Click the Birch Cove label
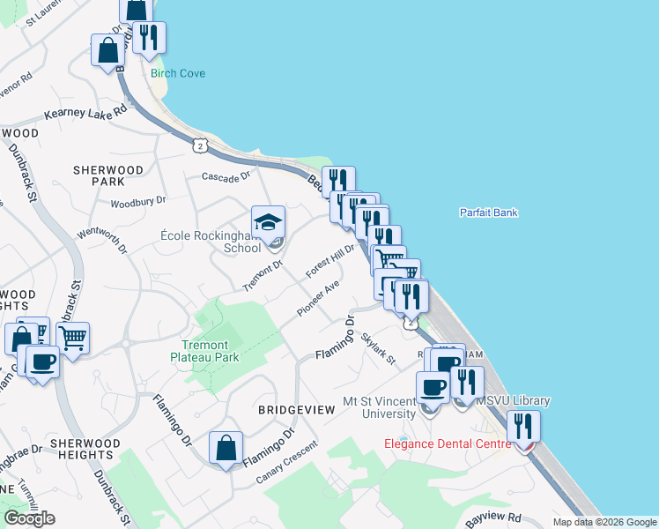pos(178,73)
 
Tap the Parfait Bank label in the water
pos(488,212)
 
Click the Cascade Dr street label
pos(226,176)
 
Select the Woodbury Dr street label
pos(137,203)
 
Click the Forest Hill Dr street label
pos(329,262)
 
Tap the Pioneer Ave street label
pos(318,299)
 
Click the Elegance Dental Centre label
pos(448,443)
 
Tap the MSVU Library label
pos(514,401)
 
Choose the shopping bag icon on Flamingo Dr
pos(226,448)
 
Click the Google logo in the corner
pos(29,518)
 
